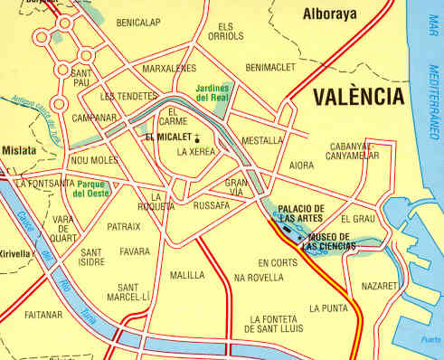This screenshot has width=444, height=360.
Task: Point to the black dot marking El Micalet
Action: click(194, 137)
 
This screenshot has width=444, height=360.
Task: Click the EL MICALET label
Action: click(167, 137)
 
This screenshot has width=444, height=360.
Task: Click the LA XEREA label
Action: click(196, 152)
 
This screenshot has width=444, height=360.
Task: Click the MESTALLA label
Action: click(262, 141)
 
